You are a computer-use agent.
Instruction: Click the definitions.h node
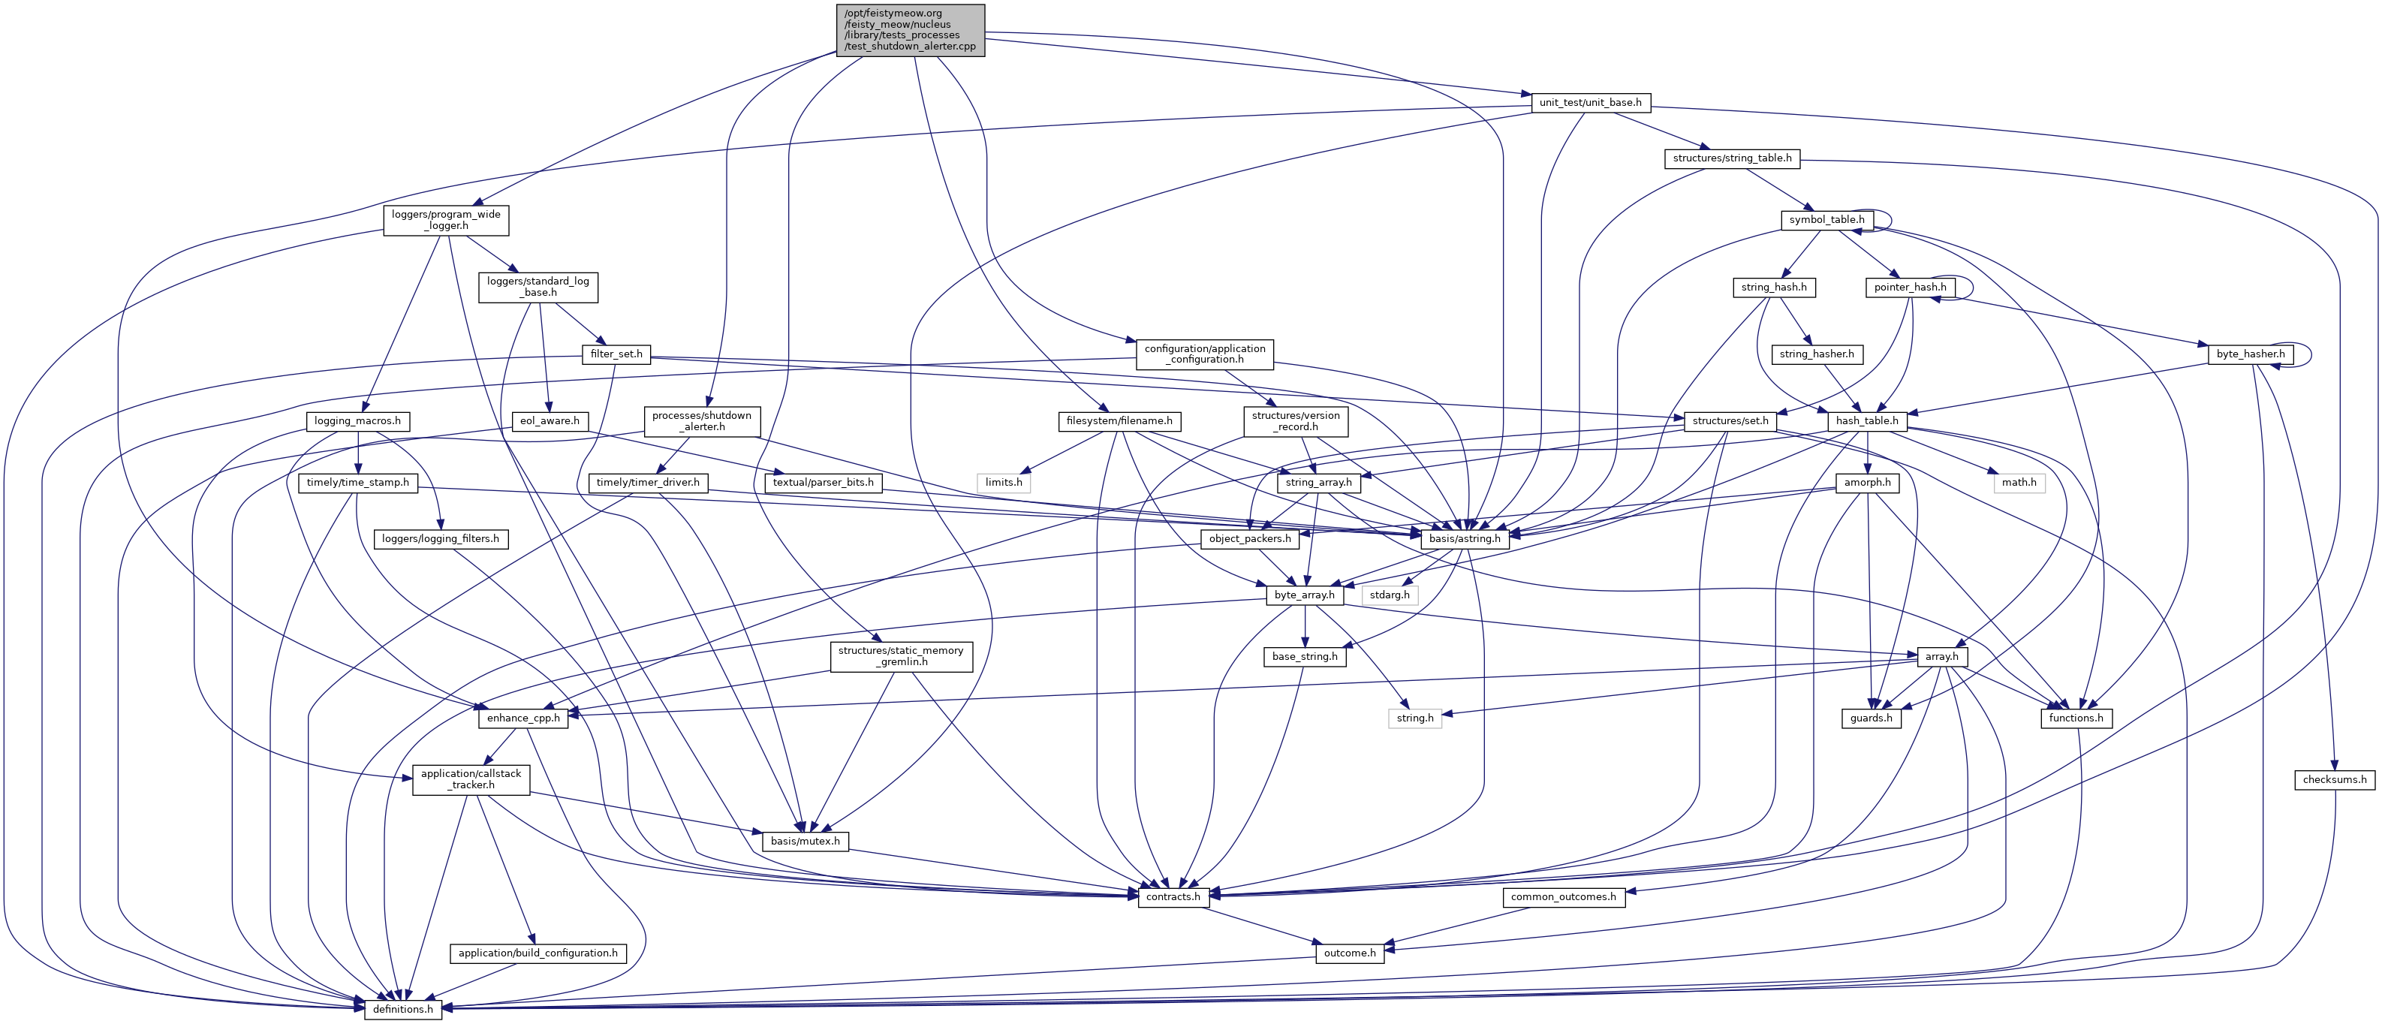click(403, 1008)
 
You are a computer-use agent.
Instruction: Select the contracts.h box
click(1173, 896)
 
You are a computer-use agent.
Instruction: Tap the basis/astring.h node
click(1465, 538)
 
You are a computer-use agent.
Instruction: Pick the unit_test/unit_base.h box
click(1589, 103)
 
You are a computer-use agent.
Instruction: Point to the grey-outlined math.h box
click(2019, 483)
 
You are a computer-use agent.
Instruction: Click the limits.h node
click(1003, 483)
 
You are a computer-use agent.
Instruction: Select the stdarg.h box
click(1390, 595)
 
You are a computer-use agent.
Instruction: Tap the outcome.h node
click(1349, 953)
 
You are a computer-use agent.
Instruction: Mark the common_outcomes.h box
click(1563, 896)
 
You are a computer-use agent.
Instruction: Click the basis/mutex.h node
click(805, 841)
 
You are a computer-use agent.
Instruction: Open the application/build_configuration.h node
click(538, 953)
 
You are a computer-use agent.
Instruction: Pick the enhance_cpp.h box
click(522, 718)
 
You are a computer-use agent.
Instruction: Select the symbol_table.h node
click(1826, 220)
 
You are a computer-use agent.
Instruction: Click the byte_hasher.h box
click(2250, 354)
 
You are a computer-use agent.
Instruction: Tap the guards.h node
click(1871, 718)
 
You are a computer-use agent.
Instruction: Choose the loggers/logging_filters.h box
click(440, 538)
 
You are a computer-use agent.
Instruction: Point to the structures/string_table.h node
click(1731, 158)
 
